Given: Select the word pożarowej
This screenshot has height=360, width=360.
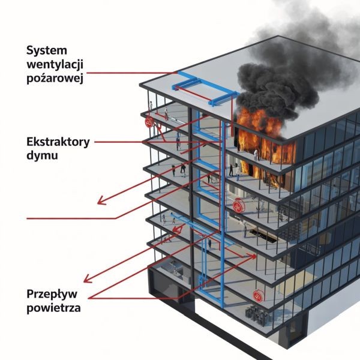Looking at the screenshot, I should click(55, 77).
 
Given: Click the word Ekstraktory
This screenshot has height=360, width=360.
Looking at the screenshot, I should click(58, 142).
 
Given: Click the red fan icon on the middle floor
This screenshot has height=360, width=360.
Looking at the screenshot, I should click(239, 208).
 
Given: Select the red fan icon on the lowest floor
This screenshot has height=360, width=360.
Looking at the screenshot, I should click(259, 296).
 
